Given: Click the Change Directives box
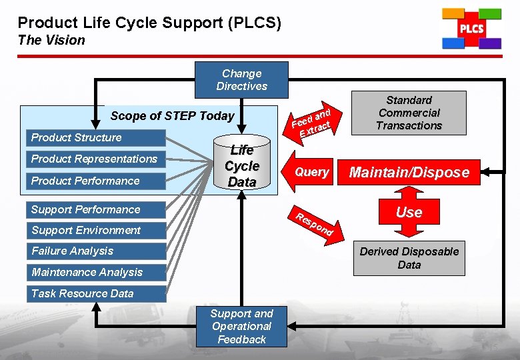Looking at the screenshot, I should click(241, 80).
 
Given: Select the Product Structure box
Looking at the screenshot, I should click(95, 138).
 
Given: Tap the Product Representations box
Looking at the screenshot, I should click(95, 159).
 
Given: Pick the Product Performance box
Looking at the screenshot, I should click(95, 181).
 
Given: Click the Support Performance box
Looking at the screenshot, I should click(95, 209).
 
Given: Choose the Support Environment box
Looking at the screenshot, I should click(95, 231).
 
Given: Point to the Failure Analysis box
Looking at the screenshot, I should click(95, 251).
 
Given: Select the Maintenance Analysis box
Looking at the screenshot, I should click(95, 272).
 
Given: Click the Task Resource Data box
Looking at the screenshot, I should click(95, 293).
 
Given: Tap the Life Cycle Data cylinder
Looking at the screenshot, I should click(241, 166).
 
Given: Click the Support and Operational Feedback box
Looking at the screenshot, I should click(241, 326).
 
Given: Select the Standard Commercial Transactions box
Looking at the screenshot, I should click(409, 113).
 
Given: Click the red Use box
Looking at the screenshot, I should click(409, 212).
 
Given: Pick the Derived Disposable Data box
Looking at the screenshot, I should click(409, 258).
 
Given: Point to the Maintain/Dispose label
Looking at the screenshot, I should click(409, 173).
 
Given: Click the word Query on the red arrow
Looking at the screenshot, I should click(311, 172).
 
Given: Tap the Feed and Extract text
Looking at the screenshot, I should click(312, 121).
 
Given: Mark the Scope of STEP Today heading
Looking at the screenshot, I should click(172, 116).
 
